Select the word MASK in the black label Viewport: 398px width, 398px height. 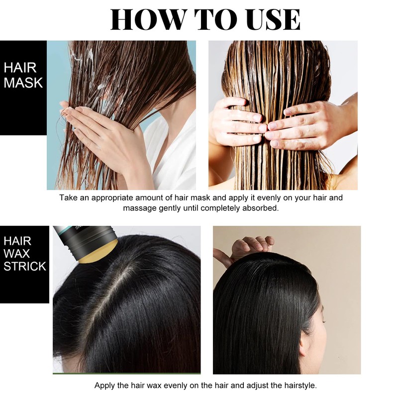click(x=23, y=83)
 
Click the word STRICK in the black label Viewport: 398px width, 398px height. click(x=24, y=266)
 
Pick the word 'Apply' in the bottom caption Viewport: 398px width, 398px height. click(x=104, y=386)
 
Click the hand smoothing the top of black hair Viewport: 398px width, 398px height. click(x=251, y=246)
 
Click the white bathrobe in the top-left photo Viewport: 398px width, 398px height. click(x=174, y=149)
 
